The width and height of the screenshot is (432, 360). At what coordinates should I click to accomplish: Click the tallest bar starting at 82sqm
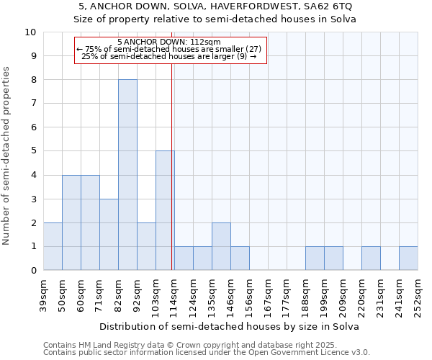[x=127, y=175]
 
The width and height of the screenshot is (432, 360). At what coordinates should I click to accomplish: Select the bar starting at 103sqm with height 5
[x=165, y=210]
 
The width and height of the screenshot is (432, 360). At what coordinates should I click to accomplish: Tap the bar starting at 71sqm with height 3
[x=109, y=234]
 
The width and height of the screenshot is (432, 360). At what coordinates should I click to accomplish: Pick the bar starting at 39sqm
[x=53, y=246]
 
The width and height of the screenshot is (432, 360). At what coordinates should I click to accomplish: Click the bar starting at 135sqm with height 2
[x=221, y=246]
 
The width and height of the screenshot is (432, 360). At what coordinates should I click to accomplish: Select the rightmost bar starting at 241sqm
[x=408, y=258]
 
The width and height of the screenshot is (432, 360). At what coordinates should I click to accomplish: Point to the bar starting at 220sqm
[x=371, y=258]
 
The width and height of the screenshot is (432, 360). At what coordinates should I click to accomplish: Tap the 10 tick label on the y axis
[x=30, y=32]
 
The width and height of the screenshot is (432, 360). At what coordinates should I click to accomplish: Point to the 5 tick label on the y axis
[x=32, y=151]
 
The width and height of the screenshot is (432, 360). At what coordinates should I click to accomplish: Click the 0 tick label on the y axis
[x=32, y=271]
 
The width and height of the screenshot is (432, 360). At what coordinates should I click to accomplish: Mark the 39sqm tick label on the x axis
[x=43, y=295]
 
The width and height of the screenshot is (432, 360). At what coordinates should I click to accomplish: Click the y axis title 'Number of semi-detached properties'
[x=6, y=156]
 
